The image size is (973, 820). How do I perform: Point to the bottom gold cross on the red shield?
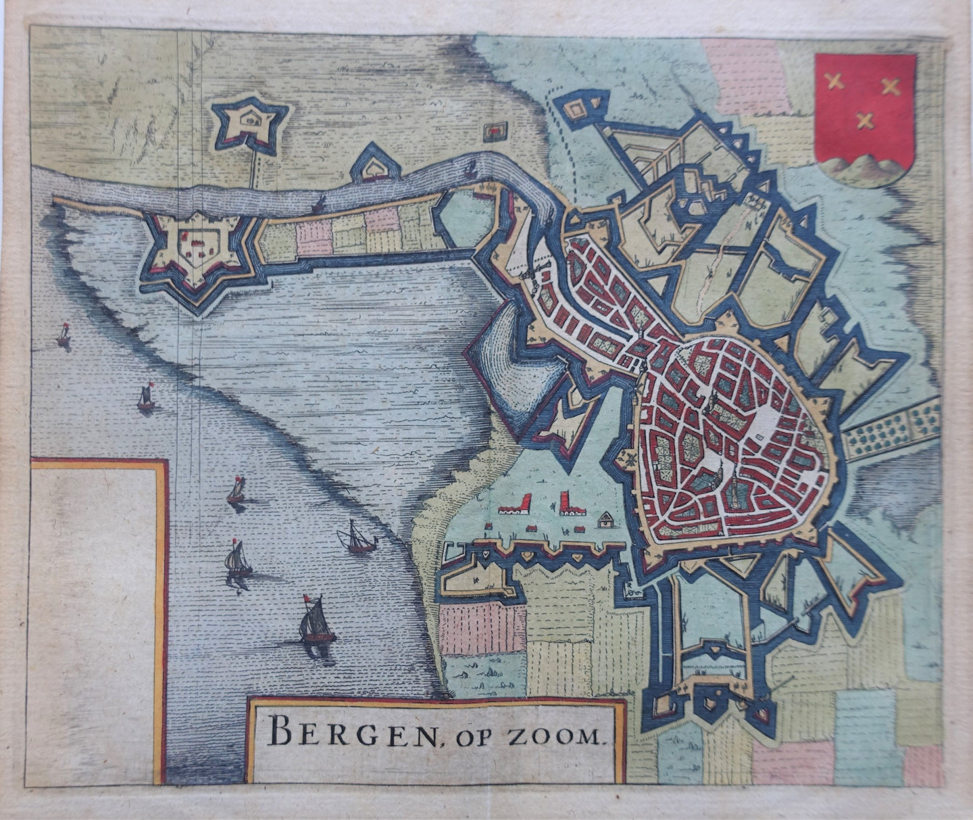point(864,121)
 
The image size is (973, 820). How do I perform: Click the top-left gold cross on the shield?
point(836,82)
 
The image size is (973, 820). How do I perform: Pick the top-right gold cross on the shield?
point(891,86)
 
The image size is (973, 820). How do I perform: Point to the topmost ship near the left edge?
point(64,335)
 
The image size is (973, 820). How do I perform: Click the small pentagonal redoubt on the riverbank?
point(370,165)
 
